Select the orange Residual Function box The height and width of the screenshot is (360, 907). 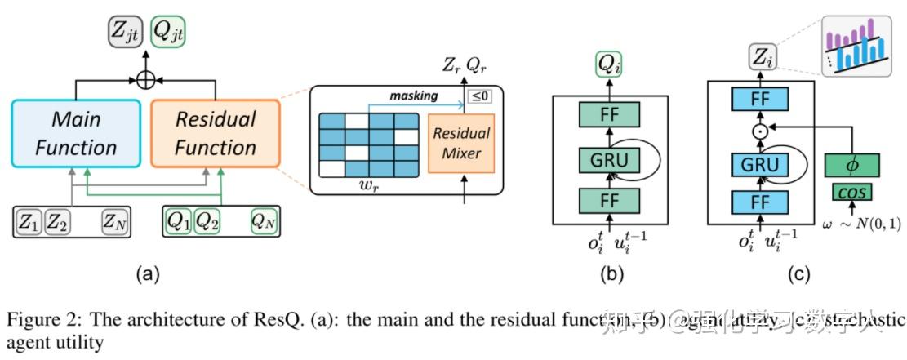(x=216, y=133)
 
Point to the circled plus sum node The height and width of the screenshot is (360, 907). (x=146, y=80)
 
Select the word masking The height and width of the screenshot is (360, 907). (x=413, y=96)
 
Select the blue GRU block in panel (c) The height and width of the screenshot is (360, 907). (x=760, y=165)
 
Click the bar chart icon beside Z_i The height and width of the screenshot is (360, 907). (x=856, y=46)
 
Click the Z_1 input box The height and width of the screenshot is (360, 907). (x=29, y=220)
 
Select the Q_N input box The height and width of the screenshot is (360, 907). (x=262, y=220)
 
